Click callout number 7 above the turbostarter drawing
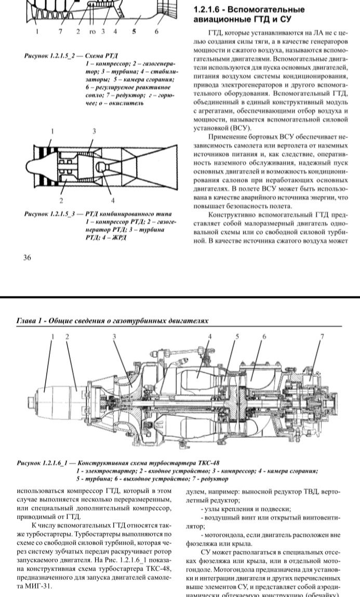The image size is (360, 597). [321, 337]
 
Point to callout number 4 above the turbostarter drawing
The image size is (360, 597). [210, 337]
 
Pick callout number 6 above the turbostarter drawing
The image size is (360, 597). [264, 337]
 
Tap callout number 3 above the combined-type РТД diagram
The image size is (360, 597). [94, 131]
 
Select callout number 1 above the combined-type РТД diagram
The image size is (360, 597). [52, 131]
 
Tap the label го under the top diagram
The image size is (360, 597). [92, 32]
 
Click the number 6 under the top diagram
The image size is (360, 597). [156, 32]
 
